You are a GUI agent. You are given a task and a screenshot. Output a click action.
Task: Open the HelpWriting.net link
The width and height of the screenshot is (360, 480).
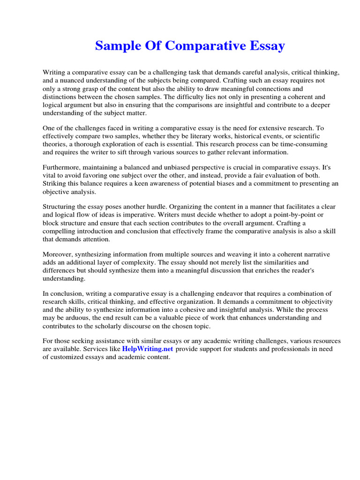click(x=147, y=349)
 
